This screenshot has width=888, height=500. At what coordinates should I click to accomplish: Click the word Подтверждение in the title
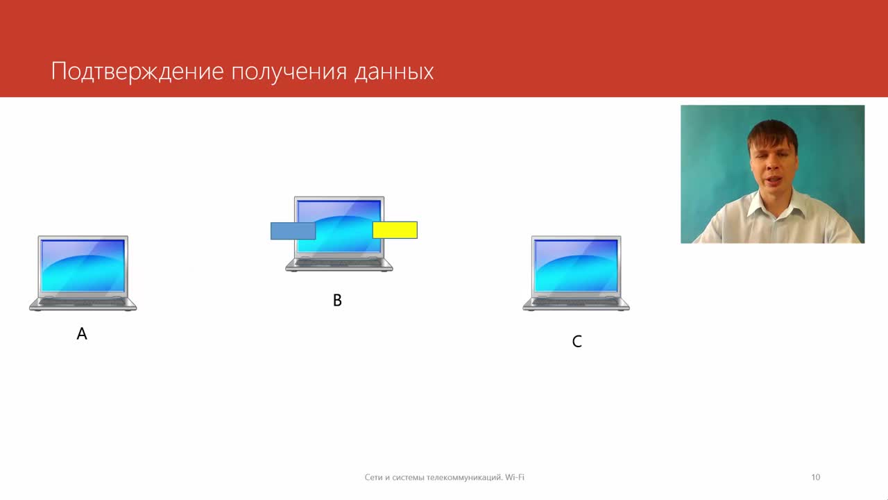click(137, 72)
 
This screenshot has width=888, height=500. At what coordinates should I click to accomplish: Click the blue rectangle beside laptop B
click(293, 231)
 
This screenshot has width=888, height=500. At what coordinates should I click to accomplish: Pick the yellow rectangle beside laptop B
click(395, 230)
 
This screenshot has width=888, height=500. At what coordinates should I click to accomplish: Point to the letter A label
click(82, 334)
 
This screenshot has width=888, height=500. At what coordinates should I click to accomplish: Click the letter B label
click(337, 301)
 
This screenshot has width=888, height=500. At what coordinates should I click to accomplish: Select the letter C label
click(577, 341)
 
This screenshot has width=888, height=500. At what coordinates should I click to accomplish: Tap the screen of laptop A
click(83, 265)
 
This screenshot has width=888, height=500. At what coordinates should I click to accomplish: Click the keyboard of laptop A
click(83, 302)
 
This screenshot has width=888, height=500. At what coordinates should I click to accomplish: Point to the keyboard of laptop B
click(339, 262)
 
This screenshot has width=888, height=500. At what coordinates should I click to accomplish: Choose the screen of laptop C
click(576, 265)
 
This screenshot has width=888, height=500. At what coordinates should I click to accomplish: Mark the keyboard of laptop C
click(576, 302)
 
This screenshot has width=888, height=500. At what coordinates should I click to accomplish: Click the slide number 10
click(815, 477)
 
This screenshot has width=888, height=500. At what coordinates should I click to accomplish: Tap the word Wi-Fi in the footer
click(515, 477)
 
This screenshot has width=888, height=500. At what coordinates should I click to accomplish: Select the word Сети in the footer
click(373, 477)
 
